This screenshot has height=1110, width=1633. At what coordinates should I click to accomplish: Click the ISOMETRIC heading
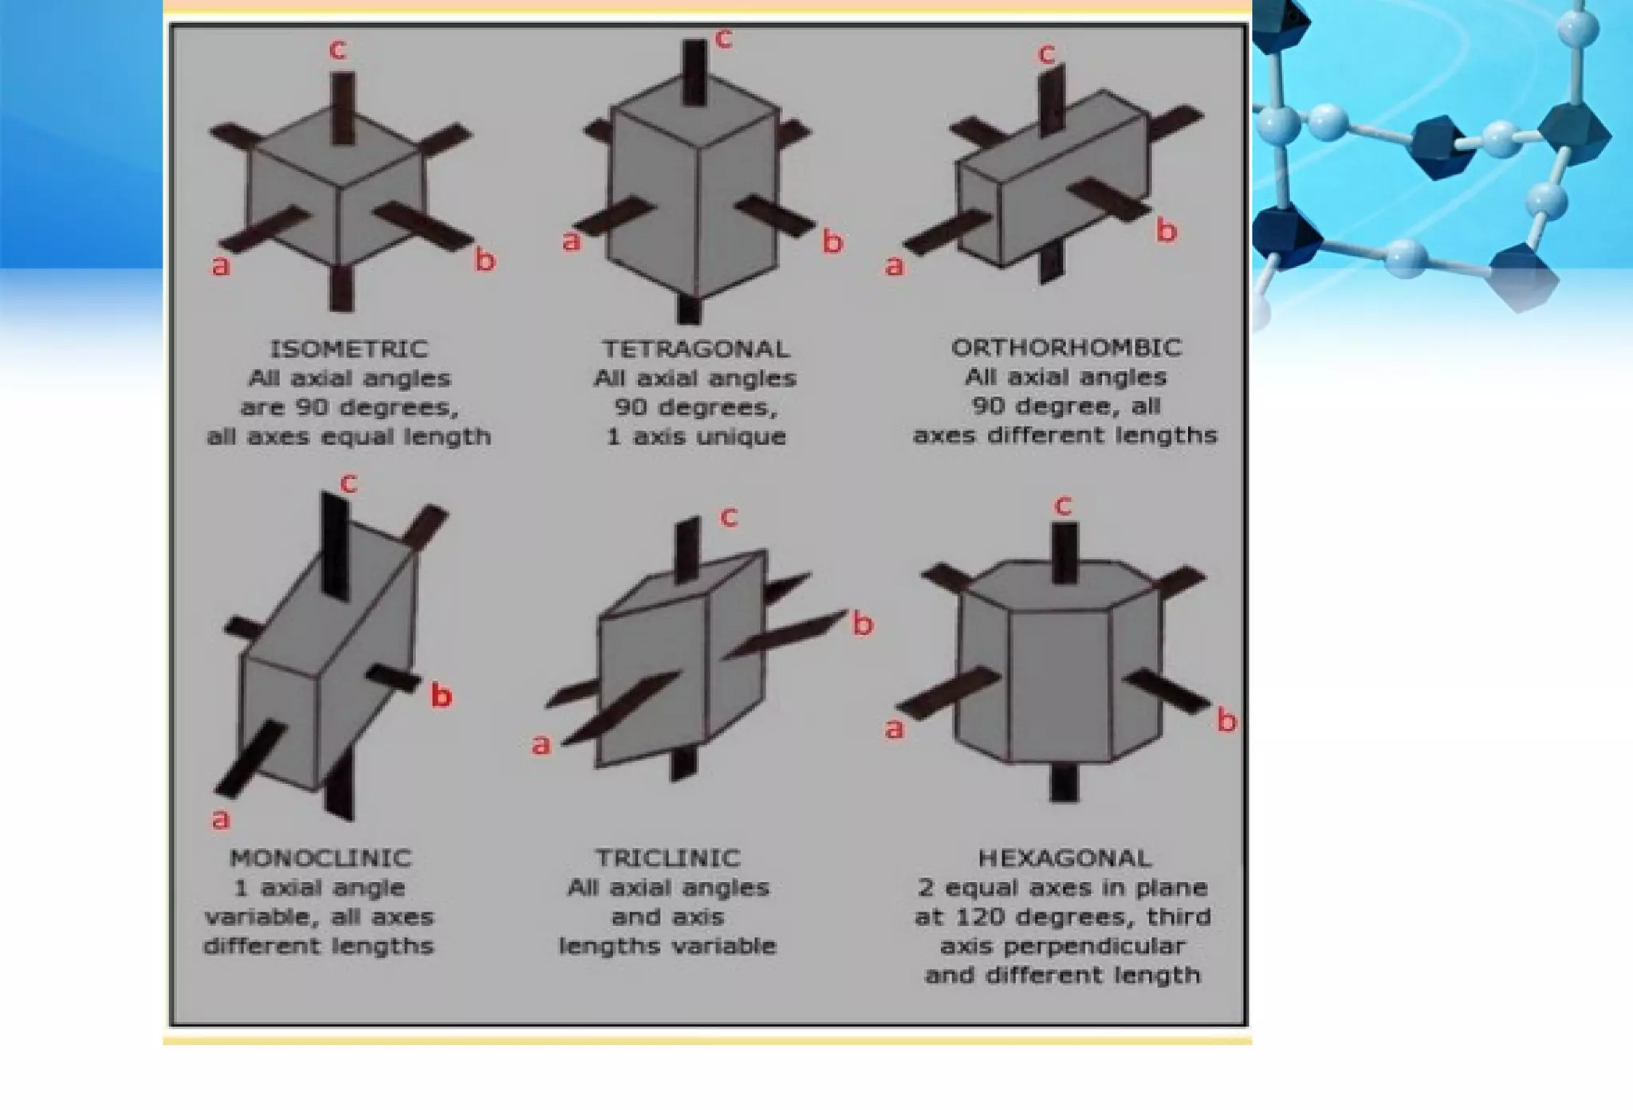tap(348, 349)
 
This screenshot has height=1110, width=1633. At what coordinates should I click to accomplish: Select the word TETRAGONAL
tap(695, 349)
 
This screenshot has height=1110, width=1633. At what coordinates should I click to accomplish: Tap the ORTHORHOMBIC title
tap(1066, 347)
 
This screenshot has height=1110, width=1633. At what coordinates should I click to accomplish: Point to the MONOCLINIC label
tap(321, 858)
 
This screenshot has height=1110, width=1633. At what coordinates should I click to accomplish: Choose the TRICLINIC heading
tap(668, 858)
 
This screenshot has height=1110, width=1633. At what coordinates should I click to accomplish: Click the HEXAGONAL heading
tap(1064, 858)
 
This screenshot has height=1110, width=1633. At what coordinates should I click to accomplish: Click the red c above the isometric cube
tap(337, 49)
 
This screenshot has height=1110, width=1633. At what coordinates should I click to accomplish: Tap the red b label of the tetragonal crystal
tap(832, 241)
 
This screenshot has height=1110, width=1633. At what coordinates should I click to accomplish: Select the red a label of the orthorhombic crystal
tap(895, 265)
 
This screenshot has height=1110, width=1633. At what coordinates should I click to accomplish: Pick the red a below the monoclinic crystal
tap(220, 818)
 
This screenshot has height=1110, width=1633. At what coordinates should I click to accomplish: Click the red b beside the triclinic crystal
tap(863, 623)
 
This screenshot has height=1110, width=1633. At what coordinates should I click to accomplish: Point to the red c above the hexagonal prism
tap(1062, 504)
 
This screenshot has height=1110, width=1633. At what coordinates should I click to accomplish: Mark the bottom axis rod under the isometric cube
tap(342, 288)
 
